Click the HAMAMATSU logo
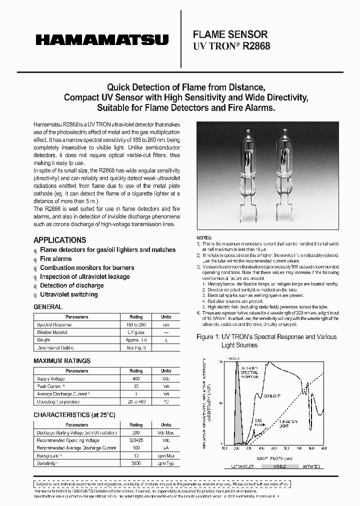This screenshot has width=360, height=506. [x=101, y=39]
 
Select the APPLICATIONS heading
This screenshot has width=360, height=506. [x=59, y=240]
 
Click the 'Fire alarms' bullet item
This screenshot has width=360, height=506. [x=55, y=258]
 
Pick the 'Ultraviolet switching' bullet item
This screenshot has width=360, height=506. [x=68, y=294]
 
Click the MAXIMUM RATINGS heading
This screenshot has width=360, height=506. [x=62, y=360]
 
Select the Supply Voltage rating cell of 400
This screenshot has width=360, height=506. [x=136, y=379]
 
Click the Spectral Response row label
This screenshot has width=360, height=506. [x=54, y=324]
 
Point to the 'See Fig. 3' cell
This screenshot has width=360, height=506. [x=136, y=347]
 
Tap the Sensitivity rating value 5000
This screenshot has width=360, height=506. [x=136, y=463]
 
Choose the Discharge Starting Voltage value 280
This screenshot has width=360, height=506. [x=136, y=432]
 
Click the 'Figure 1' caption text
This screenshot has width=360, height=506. [x=266, y=336]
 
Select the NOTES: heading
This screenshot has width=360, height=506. [x=204, y=237]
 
